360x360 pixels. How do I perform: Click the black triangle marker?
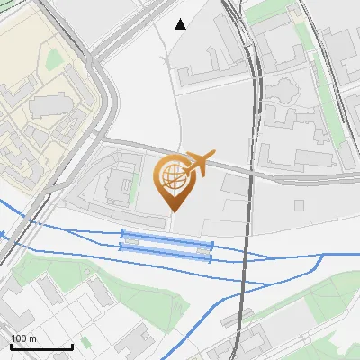[181, 24]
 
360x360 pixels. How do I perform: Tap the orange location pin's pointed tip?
[174, 211]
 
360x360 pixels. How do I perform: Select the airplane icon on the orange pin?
[197, 163]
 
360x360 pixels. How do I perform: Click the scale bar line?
[41, 347]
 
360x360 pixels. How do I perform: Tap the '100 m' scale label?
[23, 338]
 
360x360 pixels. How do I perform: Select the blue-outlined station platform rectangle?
[166, 246]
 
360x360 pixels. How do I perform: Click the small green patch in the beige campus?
[54, 59]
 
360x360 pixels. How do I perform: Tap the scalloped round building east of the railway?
[282, 90]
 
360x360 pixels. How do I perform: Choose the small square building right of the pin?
[232, 184]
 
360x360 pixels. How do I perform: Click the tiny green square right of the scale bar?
[85, 342]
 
